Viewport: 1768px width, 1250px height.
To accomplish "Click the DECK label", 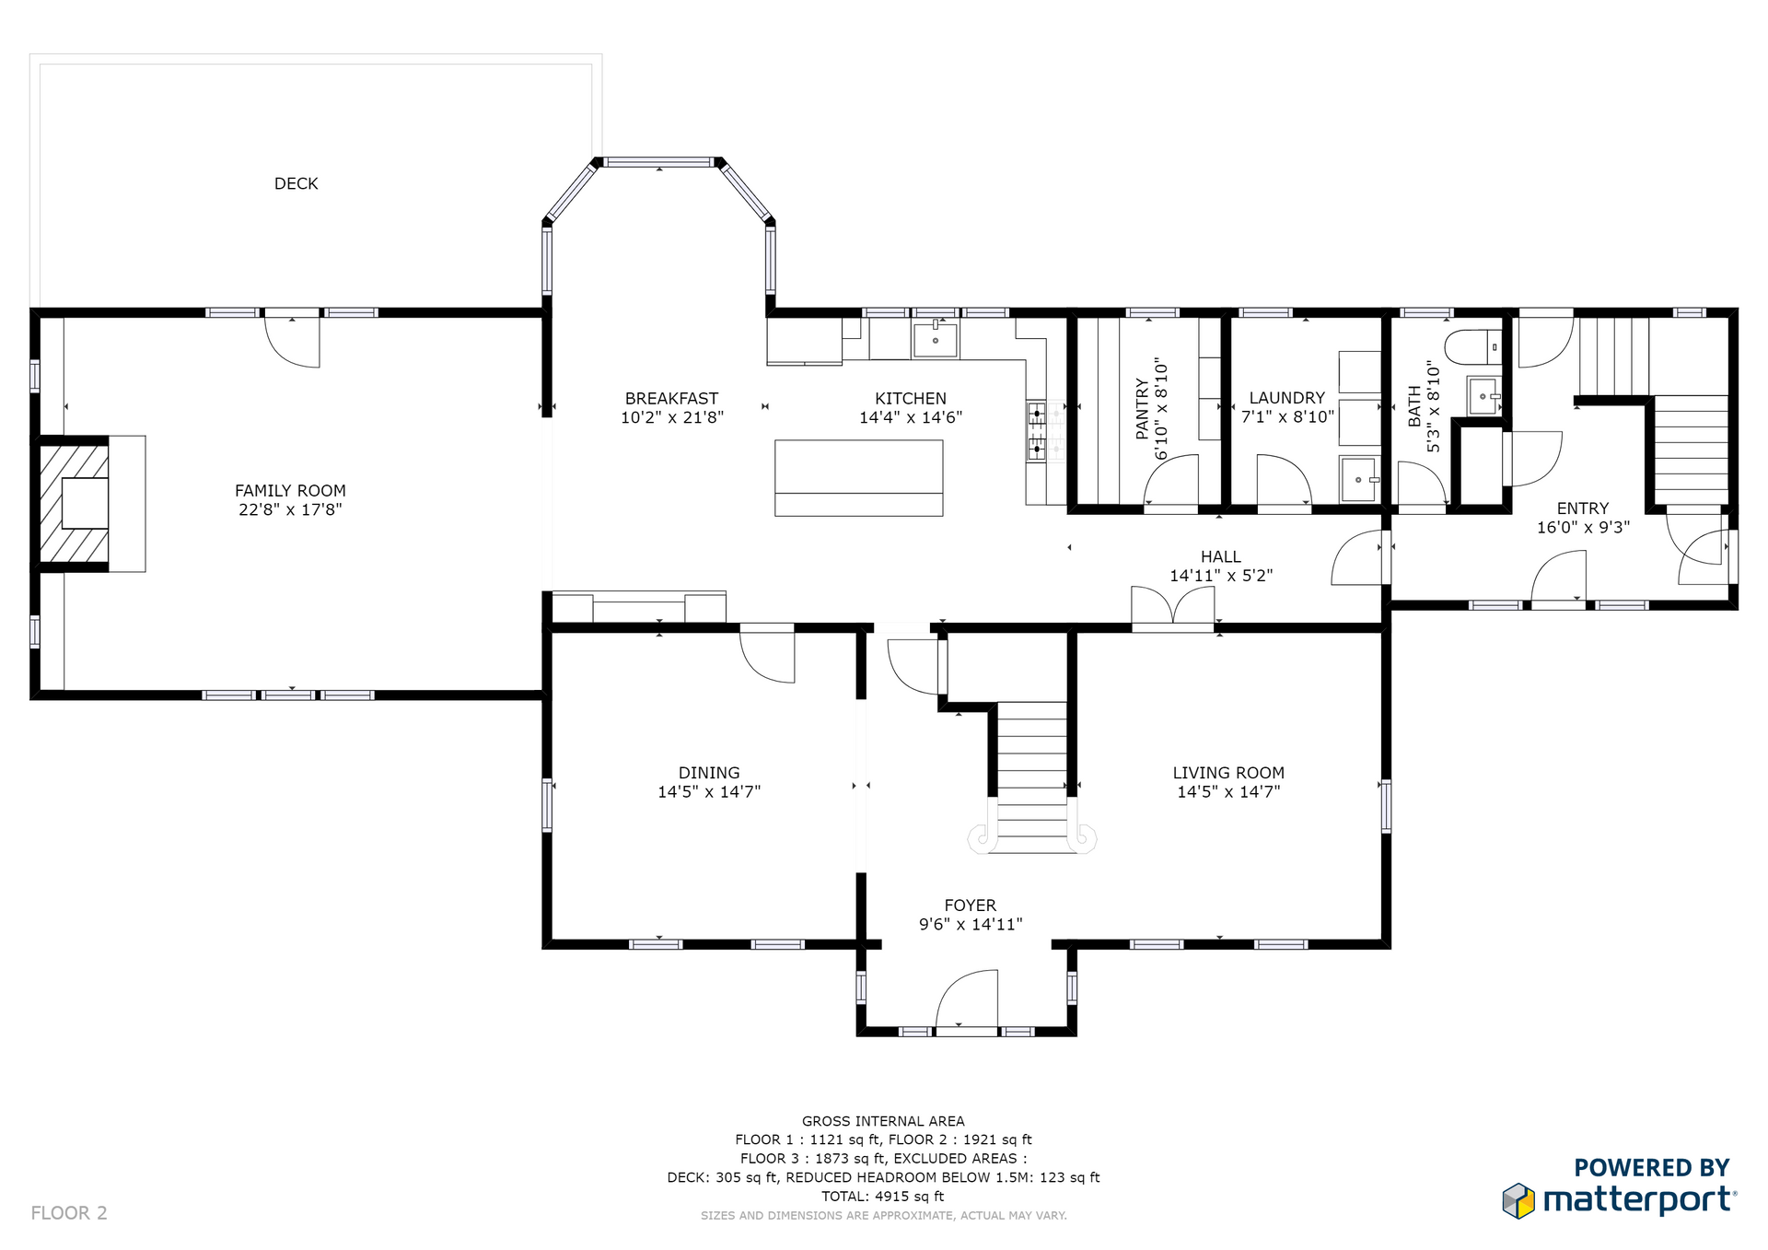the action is [x=296, y=184].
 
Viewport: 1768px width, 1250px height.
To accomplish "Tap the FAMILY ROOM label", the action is [x=290, y=491].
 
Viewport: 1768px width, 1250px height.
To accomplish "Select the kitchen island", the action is [x=858, y=478].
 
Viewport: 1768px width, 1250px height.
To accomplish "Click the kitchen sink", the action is [x=935, y=339].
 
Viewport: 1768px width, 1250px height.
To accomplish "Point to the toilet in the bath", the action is [x=1472, y=348].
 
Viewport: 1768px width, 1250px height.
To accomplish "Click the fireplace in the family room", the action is [x=75, y=504].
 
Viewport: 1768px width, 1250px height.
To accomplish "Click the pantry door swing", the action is [x=1171, y=480].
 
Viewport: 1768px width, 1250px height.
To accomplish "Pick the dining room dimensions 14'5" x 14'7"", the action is [x=709, y=792].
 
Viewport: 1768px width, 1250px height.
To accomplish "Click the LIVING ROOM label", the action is [x=1228, y=774].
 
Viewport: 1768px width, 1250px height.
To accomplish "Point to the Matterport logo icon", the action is [x=1518, y=1200].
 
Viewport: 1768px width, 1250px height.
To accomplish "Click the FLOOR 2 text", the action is [x=69, y=1213].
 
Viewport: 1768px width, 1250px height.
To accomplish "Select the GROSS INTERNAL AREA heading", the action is [x=883, y=1121].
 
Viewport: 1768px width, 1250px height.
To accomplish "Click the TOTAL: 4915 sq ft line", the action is [x=883, y=1197].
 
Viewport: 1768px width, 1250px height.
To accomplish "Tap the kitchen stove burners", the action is [x=1037, y=431].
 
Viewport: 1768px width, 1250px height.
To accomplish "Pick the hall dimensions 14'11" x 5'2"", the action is [x=1221, y=576].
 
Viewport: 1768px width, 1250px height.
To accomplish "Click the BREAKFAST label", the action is [x=671, y=399].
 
